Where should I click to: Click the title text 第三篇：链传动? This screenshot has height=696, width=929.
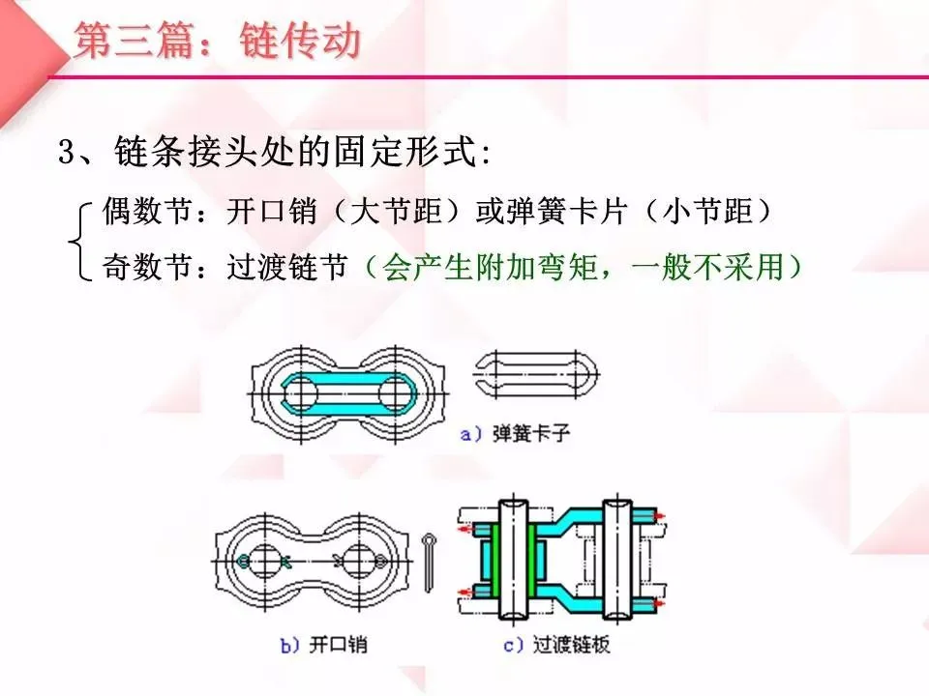pos(218,42)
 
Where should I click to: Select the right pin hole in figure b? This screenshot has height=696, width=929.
pos(359,561)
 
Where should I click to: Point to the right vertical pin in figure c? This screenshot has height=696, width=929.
pos(616,561)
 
